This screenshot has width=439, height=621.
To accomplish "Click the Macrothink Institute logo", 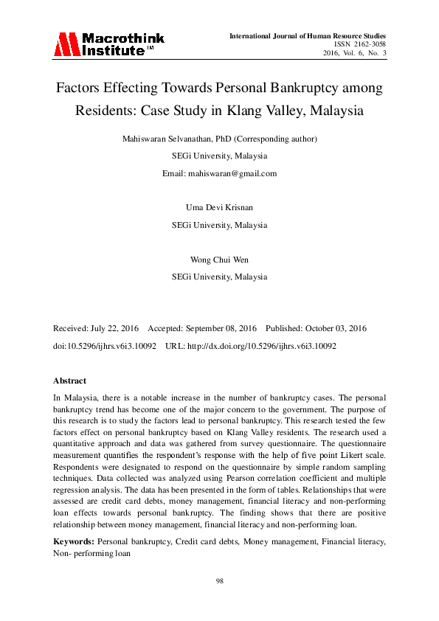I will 108,44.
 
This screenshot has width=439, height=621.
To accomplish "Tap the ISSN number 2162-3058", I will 368,44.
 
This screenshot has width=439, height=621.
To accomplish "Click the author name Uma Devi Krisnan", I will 219,207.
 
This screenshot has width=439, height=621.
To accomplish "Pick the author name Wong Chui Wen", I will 219,259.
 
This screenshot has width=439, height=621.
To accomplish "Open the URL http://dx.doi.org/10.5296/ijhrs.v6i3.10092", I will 266,345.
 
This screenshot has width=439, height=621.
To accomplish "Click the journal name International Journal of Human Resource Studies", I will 308,35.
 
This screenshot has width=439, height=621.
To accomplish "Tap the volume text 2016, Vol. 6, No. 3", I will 354,53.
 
